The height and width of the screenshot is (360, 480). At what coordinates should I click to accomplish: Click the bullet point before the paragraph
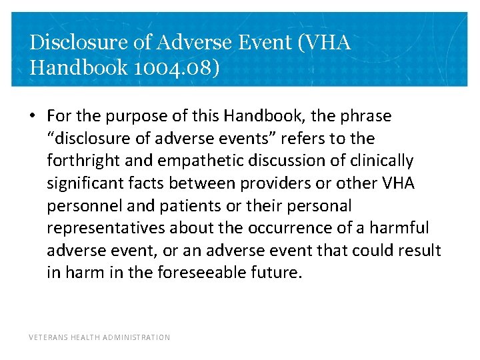(33, 117)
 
